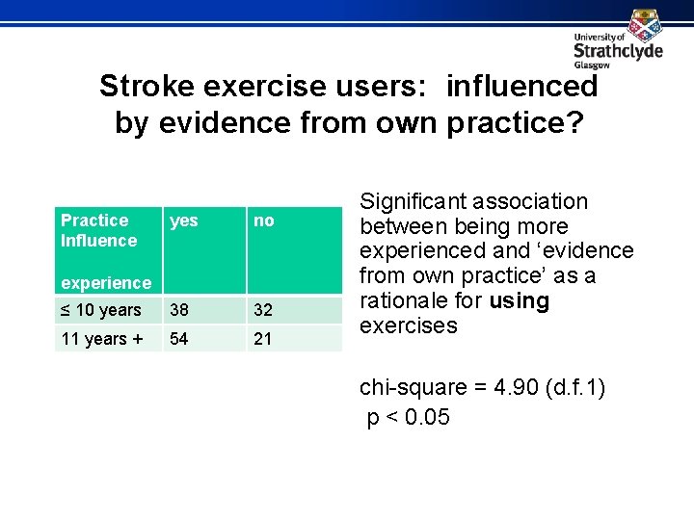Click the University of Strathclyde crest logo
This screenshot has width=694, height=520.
645,24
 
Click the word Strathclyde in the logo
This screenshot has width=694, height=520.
618,51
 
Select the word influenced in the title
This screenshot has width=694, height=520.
521,87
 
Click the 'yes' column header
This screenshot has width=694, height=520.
183,221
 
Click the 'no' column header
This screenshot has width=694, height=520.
263,221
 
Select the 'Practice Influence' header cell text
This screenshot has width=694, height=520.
98,230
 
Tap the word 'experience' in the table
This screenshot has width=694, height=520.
106,283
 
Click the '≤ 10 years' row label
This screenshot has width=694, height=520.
101,310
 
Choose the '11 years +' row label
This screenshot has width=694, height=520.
101,338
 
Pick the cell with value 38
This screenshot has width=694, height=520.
180,310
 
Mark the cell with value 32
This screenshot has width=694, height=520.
263,310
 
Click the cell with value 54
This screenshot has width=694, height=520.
180,338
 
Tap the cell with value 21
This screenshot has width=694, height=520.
262,338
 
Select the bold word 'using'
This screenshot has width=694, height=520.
519,301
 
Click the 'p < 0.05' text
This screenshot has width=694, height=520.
409,417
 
